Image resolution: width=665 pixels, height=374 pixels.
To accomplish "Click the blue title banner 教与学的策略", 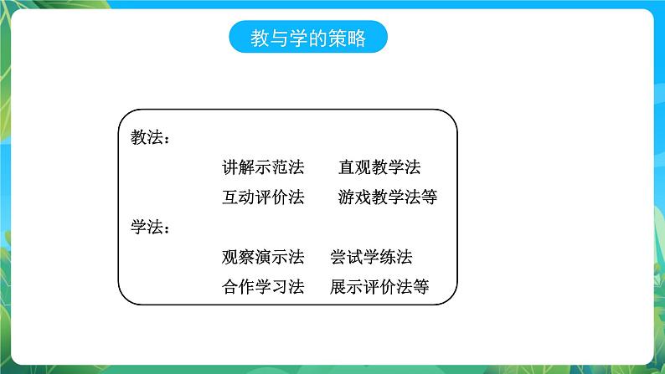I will coord(308,38).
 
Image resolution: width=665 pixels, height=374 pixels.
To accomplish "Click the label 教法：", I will coord(150,138).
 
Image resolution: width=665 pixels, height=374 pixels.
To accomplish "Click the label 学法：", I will coord(150,227).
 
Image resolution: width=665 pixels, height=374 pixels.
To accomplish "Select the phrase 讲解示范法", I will coord(262,167).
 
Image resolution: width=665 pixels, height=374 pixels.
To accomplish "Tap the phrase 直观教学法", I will coord(379,167).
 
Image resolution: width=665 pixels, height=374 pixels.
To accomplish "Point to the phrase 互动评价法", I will coord(262,197).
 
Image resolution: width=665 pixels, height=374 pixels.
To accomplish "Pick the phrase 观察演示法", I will coord(262,257).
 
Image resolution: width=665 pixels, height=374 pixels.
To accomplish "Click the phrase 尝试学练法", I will coord(370,257).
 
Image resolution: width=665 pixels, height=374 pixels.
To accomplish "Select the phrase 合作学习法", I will coord(262,287).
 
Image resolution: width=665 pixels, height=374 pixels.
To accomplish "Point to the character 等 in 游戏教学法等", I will coord(428,197).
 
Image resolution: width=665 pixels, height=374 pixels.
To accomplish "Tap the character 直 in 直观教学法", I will coord(346,167).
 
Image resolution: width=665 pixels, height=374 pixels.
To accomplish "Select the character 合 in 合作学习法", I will coord(230,287).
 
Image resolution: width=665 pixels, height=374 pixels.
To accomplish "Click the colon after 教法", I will coord(165,140).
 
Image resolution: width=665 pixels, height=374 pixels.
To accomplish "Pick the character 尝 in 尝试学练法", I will coord(338,257).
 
